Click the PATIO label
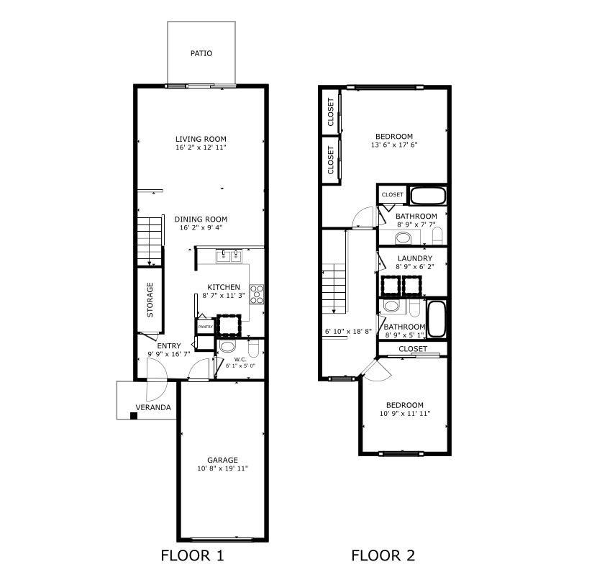click(201, 53)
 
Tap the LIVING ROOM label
click(201, 139)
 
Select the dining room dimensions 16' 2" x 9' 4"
click(201, 227)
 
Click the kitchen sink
click(229, 256)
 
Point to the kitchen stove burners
click(257, 294)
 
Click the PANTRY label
click(206, 327)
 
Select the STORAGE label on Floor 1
click(150, 299)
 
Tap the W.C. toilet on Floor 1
click(254, 348)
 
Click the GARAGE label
click(222, 460)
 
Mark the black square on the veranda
click(134, 416)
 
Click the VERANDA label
click(153, 407)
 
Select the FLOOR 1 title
click(192, 555)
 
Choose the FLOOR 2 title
click(383, 555)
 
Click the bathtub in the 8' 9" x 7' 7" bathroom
click(428, 195)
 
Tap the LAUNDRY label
click(414, 258)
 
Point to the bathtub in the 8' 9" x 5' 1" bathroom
click(437, 319)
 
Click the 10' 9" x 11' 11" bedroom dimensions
click(405, 414)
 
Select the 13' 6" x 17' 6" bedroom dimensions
click(394, 145)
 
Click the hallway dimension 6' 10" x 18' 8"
click(348, 331)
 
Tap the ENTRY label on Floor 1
click(168, 346)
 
